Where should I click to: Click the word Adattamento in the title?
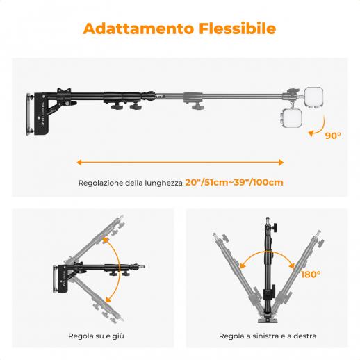pyautogui.click(x=138, y=28)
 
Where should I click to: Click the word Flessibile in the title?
pyautogui.click(x=238, y=28)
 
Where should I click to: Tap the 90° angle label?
pyautogui.click(x=333, y=136)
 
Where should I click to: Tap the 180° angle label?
pyautogui.click(x=311, y=275)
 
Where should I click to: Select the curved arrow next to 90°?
pyautogui.click(x=322, y=129)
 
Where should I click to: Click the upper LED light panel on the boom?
pyautogui.click(x=313, y=98)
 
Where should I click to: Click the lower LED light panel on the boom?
pyautogui.click(x=292, y=118)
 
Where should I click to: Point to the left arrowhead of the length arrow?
pyautogui.click(x=79, y=163)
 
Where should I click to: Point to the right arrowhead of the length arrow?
pyautogui.click(x=281, y=163)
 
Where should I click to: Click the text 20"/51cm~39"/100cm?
pyautogui.click(x=234, y=183)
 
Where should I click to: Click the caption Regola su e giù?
pyautogui.click(x=96, y=336)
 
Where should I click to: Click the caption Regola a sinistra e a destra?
pyautogui.click(x=268, y=336)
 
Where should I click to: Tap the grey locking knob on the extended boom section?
pyautogui.click(x=197, y=106)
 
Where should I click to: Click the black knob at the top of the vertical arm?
pyautogui.click(x=275, y=227)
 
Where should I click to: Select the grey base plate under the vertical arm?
pyautogui.click(x=268, y=320)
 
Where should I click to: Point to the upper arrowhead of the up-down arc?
pyautogui.click(x=106, y=240)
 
